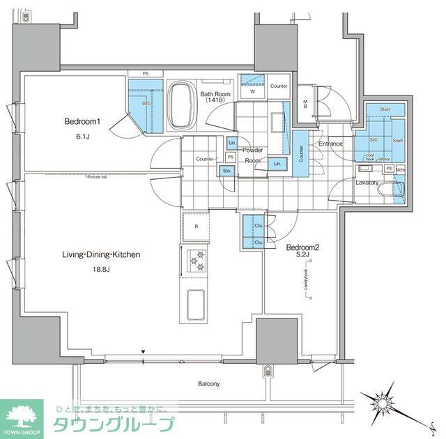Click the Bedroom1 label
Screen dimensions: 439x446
(x=83, y=121)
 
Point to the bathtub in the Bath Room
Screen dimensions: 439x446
(x=183, y=105)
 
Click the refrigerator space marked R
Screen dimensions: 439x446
(x=197, y=226)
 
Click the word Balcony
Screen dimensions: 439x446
(x=208, y=384)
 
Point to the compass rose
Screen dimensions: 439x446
(x=383, y=402)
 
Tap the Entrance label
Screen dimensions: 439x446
(x=330, y=144)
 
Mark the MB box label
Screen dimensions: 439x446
(x=305, y=105)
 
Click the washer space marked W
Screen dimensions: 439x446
(x=252, y=91)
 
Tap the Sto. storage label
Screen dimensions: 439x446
(x=226, y=170)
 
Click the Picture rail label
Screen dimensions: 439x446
(x=97, y=176)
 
